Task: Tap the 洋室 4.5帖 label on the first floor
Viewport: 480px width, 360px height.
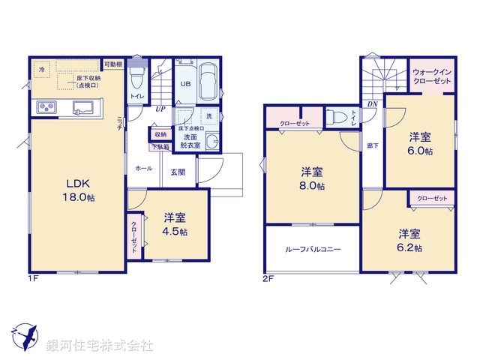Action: tap(175, 224)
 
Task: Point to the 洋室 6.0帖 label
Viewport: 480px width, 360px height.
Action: tap(420, 143)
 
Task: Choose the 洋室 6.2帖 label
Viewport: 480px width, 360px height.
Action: tap(409, 239)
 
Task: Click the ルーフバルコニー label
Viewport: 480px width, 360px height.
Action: tap(313, 249)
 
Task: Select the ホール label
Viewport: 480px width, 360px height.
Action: tap(143, 169)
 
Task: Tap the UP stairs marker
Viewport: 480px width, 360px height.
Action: tap(160, 109)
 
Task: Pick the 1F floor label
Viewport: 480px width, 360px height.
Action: tap(34, 278)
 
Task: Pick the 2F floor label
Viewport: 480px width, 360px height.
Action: tap(268, 278)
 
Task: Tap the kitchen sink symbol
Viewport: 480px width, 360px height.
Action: tap(84, 107)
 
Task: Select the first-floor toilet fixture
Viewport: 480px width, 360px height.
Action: tap(136, 79)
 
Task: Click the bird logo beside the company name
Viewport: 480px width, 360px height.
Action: tap(25, 336)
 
